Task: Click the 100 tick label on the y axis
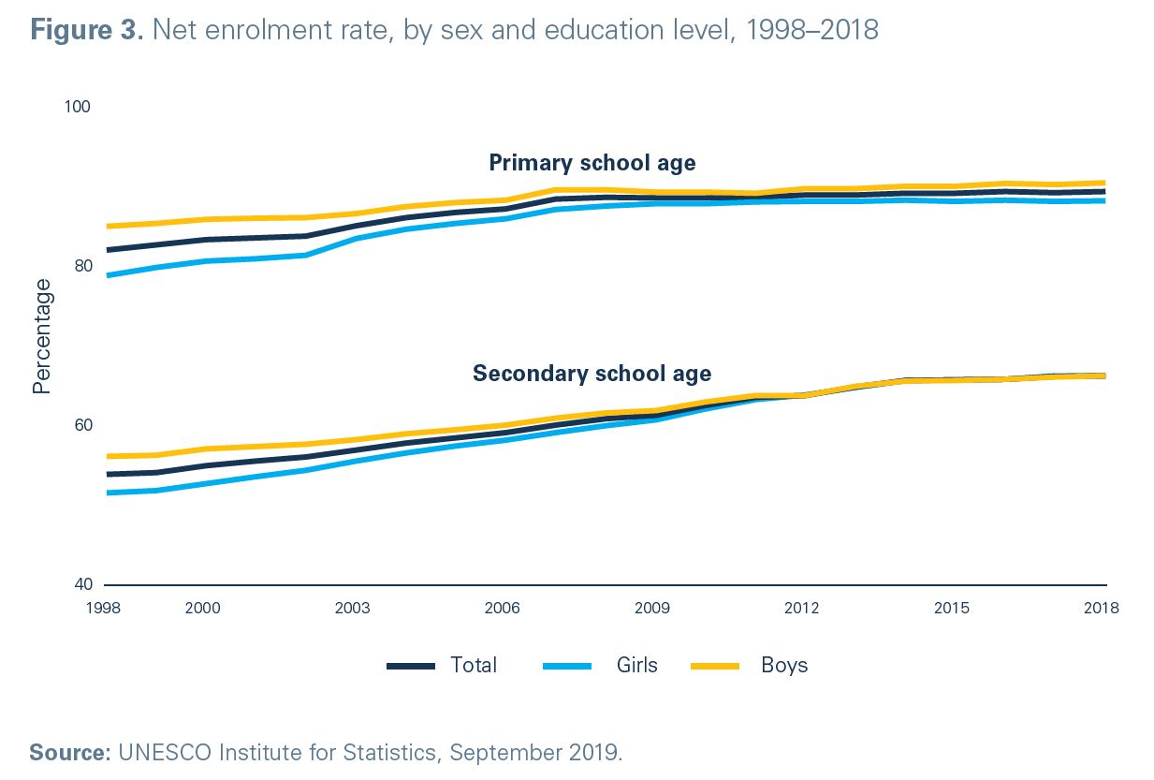pyautogui.click(x=77, y=107)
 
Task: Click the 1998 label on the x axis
pyautogui.click(x=104, y=608)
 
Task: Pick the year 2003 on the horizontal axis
pyautogui.click(x=352, y=608)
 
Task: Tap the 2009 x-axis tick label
pyautogui.click(x=652, y=608)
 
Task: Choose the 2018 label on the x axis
pyautogui.click(x=1102, y=608)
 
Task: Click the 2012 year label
pyautogui.click(x=802, y=608)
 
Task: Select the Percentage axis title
pyautogui.click(x=42, y=336)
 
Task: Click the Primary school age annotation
pyautogui.click(x=592, y=163)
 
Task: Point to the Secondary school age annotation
pyautogui.click(x=592, y=374)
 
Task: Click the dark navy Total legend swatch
pyautogui.click(x=411, y=666)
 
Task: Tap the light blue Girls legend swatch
pyautogui.click(x=567, y=666)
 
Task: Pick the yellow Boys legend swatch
pyautogui.click(x=714, y=666)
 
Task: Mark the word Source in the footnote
pyautogui.click(x=68, y=752)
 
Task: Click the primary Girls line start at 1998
pyautogui.click(x=108, y=275)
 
